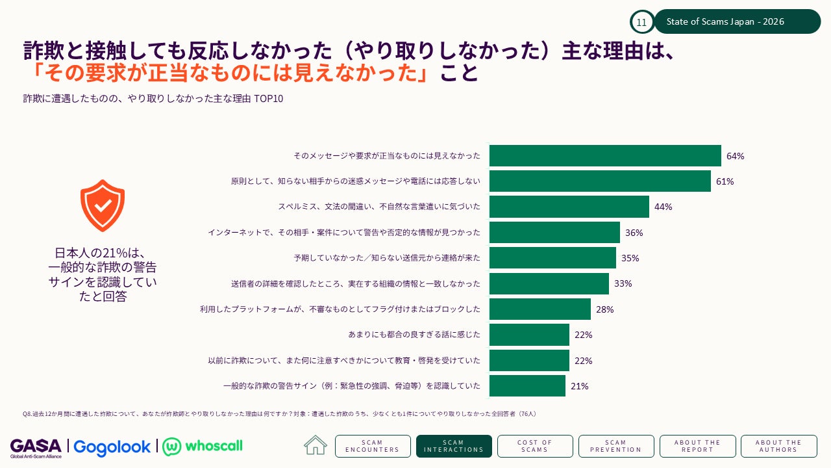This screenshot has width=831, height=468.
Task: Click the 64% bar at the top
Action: (605, 155)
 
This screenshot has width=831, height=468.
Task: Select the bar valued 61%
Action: (600, 181)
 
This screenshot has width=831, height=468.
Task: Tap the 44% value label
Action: (663, 207)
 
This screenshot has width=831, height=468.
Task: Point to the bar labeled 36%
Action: (554, 233)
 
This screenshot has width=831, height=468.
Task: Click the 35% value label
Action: (630, 258)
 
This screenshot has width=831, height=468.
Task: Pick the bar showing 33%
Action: (549, 284)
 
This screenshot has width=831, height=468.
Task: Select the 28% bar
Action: (540, 309)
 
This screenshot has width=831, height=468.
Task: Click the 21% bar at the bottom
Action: (527, 386)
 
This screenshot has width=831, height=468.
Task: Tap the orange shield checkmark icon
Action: (103, 206)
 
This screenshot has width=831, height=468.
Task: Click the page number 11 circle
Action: (642, 22)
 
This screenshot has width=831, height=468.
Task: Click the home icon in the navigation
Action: (316, 445)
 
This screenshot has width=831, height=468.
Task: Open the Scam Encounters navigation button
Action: (373, 446)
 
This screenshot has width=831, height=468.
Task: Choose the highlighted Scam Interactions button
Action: (454, 446)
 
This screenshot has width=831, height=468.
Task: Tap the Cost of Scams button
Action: (535, 446)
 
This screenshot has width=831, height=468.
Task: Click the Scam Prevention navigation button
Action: (616, 446)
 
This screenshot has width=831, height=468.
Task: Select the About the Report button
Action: (697, 446)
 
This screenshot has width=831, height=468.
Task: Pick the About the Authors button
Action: (778, 446)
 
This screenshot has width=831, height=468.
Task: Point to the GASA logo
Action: (36, 448)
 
